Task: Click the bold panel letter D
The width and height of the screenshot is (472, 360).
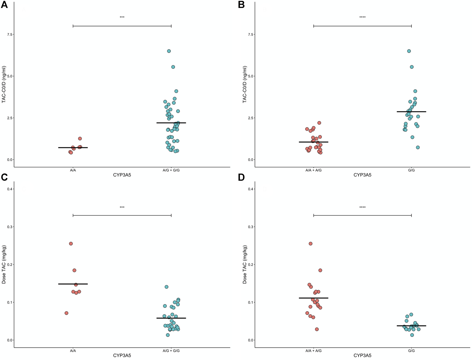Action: click(x=241, y=177)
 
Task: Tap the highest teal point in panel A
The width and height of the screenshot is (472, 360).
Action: click(x=169, y=51)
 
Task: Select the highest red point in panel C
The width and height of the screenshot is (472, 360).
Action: click(x=71, y=244)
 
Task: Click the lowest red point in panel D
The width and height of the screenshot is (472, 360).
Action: click(x=317, y=329)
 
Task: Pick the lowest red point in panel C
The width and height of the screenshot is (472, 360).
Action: click(x=67, y=313)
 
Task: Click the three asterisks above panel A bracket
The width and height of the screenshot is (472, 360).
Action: click(x=122, y=18)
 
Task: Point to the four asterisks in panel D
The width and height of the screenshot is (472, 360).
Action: click(x=362, y=208)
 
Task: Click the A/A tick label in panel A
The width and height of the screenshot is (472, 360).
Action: click(x=73, y=170)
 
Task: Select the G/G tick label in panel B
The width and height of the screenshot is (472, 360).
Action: click(x=411, y=170)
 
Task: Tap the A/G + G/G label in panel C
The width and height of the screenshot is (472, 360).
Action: click(x=171, y=351)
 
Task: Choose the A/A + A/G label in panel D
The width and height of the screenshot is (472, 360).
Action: click(x=313, y=351)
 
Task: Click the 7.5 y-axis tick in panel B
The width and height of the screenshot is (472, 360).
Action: click(x=250, y=34)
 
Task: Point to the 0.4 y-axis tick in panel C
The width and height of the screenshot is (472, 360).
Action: click(x=10, y=189)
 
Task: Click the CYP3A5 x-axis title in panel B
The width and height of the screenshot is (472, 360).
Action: click(x=362, y=175)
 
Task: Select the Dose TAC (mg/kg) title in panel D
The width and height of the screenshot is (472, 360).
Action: click(x=245, y=264)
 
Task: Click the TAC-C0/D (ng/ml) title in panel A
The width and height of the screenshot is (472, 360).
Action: click(x=4, y=84)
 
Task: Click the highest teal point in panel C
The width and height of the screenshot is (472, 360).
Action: click(x=166, y=287)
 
